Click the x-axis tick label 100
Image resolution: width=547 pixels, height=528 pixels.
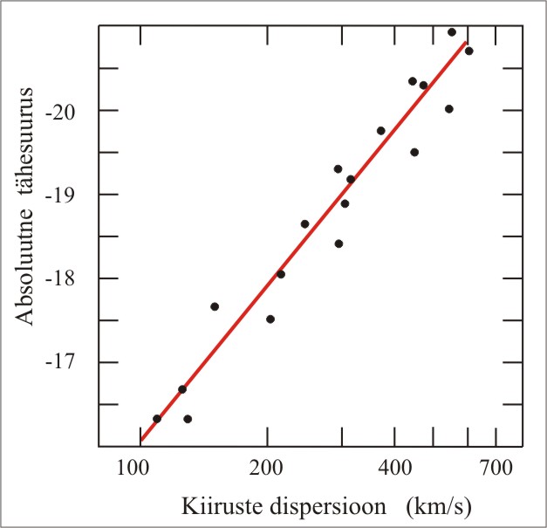[136, 468]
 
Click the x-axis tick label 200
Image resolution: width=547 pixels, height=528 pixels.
[267, 468]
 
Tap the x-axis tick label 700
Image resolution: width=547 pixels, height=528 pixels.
[496, 468]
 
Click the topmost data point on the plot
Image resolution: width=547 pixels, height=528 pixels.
[452, 32]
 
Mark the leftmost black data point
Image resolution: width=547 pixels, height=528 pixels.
[157, 419]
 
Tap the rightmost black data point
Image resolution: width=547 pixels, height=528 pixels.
[468, 51]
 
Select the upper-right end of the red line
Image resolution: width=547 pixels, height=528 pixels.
[466, 40]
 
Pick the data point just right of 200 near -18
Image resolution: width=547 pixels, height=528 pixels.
[281, 274]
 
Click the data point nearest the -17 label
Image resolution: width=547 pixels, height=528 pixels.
[182, 389]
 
